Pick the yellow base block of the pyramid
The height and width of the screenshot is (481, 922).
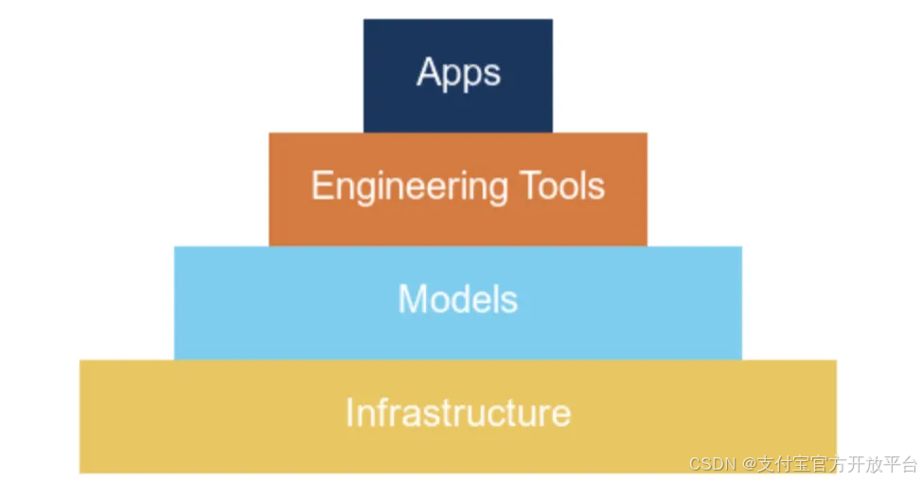click(458, 445)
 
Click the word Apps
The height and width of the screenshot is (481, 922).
click(458, 73)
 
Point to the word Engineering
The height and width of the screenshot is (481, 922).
click(396, 187)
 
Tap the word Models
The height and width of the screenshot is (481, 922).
click(458, 299)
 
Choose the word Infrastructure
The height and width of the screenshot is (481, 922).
click(458, 414)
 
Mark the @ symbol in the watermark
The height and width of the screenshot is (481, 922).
click(748, 464)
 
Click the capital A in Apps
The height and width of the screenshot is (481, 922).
click(429, 72)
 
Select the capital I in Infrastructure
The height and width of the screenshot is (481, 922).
click(349, 413)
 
